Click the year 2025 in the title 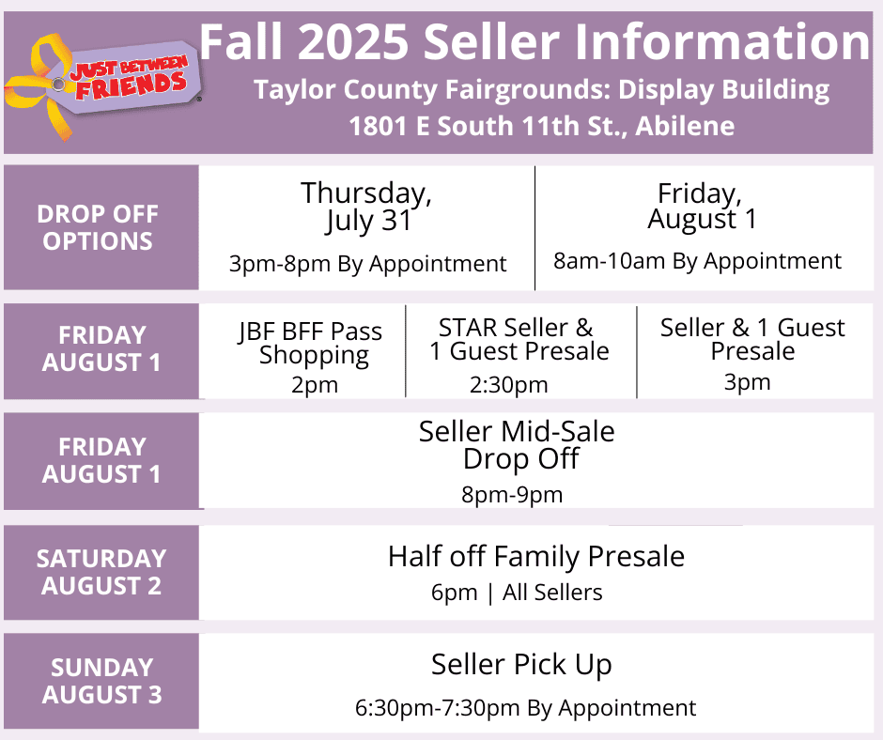pos(352,41)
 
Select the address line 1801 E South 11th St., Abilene pos(541,126)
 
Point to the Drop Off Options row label pos(98,227)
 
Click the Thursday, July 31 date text pos(366,207)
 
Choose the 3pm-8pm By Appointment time pos(367,264)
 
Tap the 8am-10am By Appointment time pos(697,261)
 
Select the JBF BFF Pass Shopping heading pos(311,344)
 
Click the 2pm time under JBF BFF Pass pos(315,385)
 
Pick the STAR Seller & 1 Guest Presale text pos(519,339)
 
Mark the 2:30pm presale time pos(508,385)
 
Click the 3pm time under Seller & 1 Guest pos(747,382)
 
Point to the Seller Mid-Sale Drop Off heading pos(517,445)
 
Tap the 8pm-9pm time pos(512,495)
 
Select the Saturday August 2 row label pos(101,572)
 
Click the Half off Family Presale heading pos(536,556)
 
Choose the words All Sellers pos(552,593)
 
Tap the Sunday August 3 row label pos(102,681)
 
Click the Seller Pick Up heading pos(521,665)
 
